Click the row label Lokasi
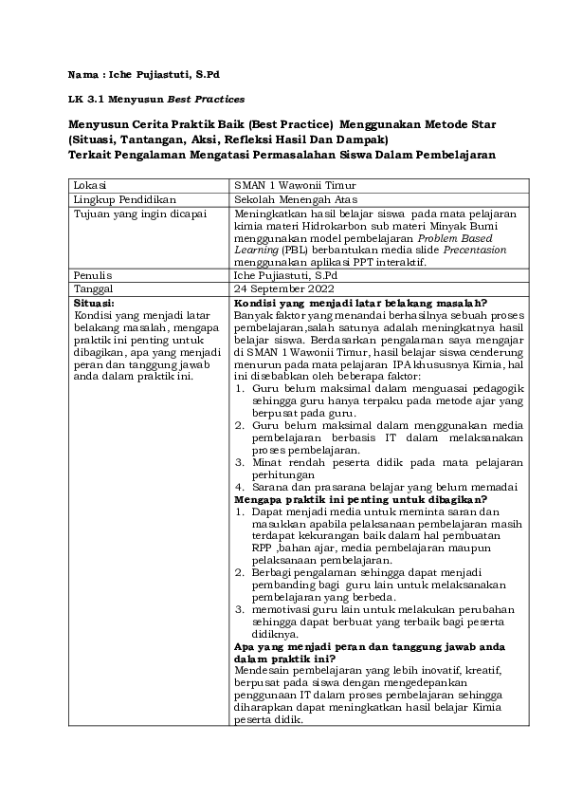point(90,184)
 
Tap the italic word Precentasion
point(475,251)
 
